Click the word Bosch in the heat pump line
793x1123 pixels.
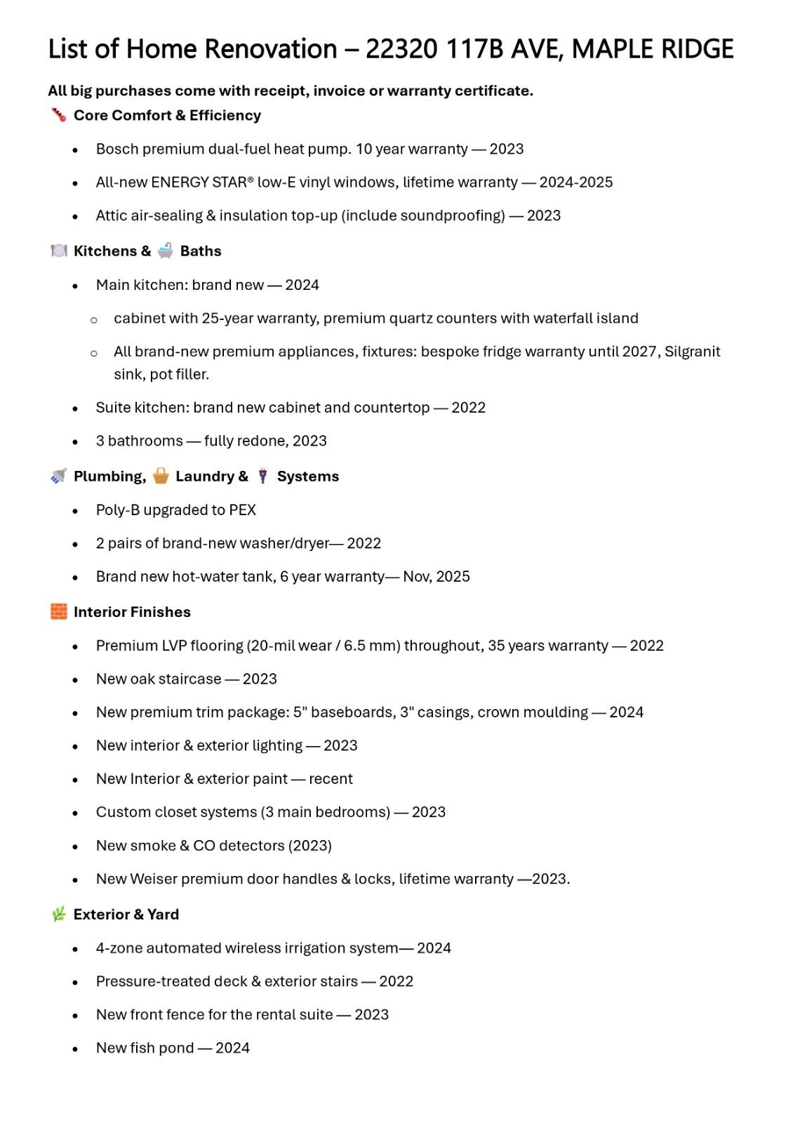click(x=114, y=149)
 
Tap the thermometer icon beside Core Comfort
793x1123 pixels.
click(x=58, y=114)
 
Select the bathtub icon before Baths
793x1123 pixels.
click(x=166, y=251)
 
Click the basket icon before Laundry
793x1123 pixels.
click(x=161, y=476)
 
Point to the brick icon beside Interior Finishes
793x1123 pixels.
click(x=59, y=611)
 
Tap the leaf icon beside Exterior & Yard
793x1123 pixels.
click(x=59, y=914)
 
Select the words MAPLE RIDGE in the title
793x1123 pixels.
click(x=653, y=49)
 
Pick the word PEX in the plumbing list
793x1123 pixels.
click(x=243, y=510)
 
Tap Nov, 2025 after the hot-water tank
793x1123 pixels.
click(x=437, y=577)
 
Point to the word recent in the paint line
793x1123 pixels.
click(x=331, y=779)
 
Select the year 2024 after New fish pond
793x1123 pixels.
click(x=232, y=1048)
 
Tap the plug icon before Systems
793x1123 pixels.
click(x=262, y=476)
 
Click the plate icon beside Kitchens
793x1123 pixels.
click(x=59, y=251)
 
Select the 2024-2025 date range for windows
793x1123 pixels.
click(x=575, y=182)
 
